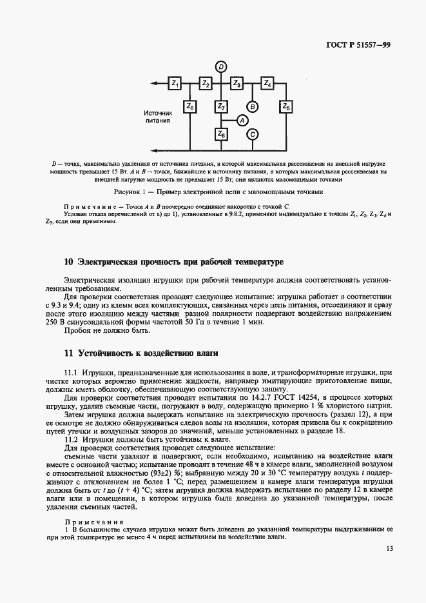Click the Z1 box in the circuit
[x=175, y=83]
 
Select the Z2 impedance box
[x=206, y=83]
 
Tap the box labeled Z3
[x=237, y=83]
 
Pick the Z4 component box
[x=268, y=83]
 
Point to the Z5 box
[x=286, y=106]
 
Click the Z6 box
[x=190, y=106]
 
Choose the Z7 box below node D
[x=221, y=106]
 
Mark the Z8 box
[x=221, y=134]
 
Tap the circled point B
[x=253, y=106]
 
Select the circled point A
[x=241, y=120]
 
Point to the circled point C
[x=253, y=134]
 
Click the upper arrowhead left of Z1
[x=155, y=83]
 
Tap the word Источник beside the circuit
[x=158, y=112]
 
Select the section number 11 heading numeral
[x=68, y=353]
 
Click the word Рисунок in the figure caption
[x=128, y=192]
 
